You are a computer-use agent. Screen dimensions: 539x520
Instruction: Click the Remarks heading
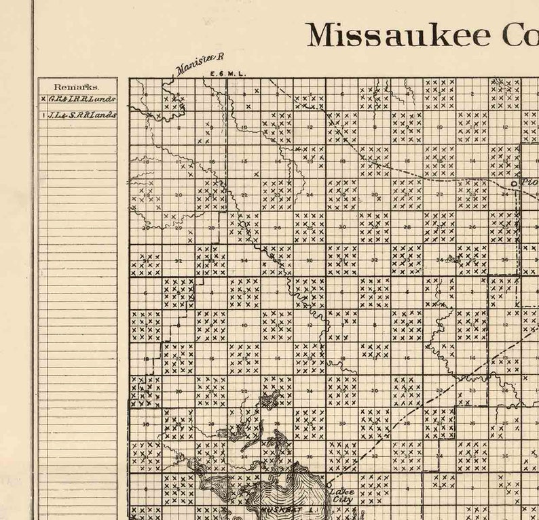[x=76, y=87]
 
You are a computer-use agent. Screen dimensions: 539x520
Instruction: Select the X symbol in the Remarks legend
[x=43, y=99]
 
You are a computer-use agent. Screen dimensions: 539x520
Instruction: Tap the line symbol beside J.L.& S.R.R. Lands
[x=43, y=115]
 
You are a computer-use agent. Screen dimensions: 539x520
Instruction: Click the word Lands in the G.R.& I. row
[x=103, y=99]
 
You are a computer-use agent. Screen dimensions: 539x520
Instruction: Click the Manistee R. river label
[x=199, y=63]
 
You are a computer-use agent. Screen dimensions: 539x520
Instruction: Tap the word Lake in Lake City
[x=343, y=492]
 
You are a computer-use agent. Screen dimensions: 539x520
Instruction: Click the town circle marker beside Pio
[x=515, y=183]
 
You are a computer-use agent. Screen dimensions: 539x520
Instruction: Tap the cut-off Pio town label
[x=527, y=182]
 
